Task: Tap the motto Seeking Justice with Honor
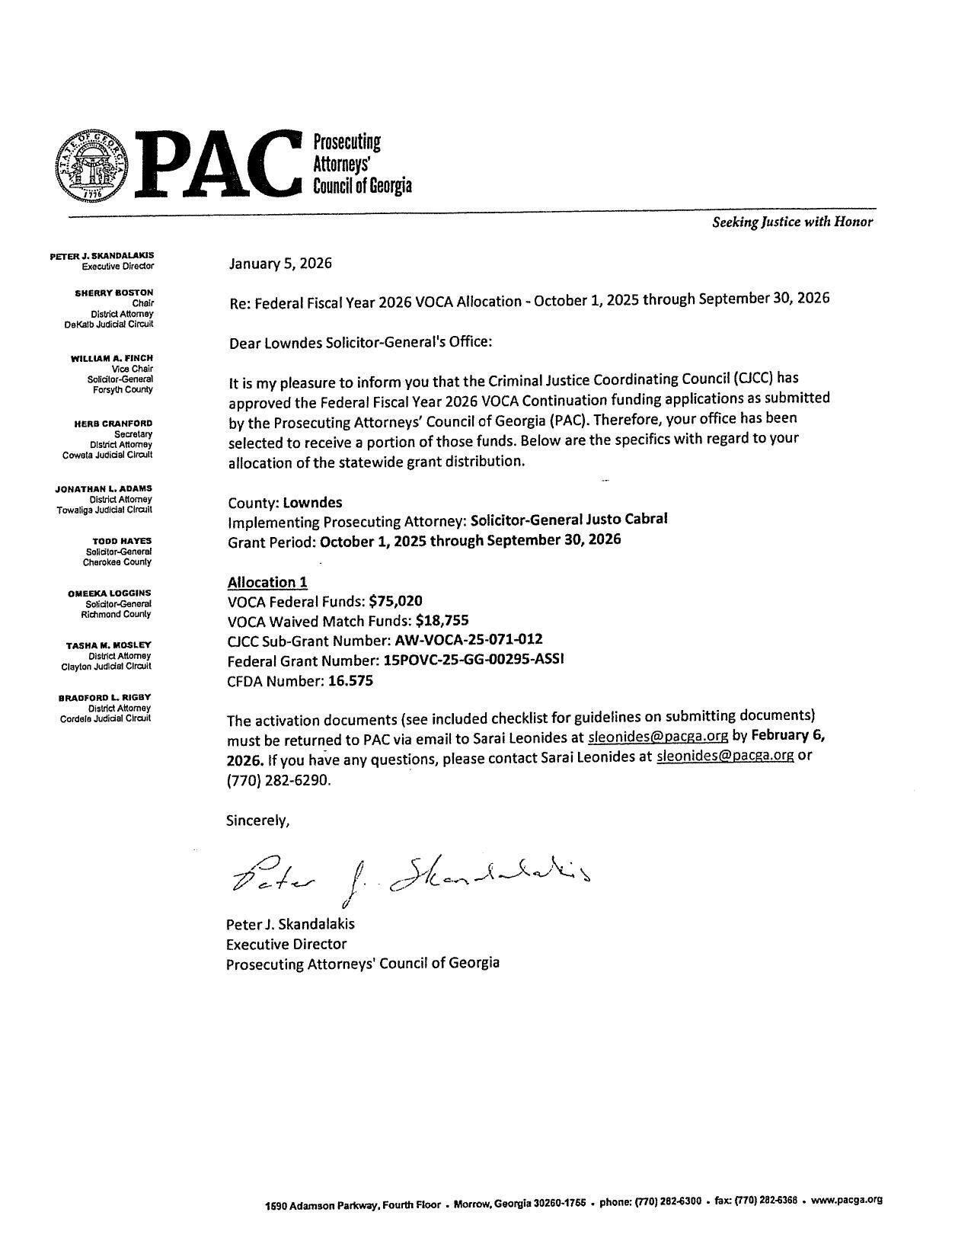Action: pos(792,222)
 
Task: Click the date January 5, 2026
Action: pos(280,264)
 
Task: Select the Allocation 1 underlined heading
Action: pos(267,582)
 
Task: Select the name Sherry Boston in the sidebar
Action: pos(114,293)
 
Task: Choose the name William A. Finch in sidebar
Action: pos(112,358)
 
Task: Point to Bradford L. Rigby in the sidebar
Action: pos(105,697)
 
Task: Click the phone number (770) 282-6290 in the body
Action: pos(279,781)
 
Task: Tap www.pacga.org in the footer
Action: pos(846,1199)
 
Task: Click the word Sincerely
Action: pos(257,820)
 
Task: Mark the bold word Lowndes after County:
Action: pos(312,503)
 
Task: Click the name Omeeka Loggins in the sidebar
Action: pos(109,593)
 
